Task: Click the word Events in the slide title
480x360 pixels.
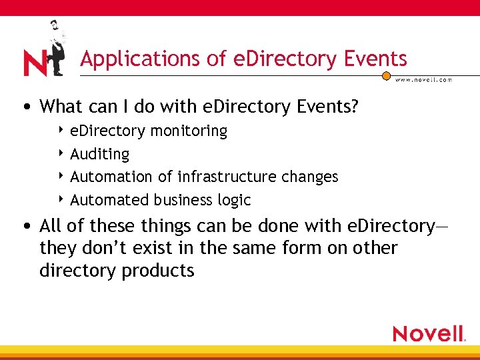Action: pyautogui.click(x=375, y=59)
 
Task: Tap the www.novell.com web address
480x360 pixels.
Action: pyautogui.click(x=424, y=80)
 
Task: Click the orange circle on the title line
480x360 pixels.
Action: pyautogui.click(x=386, y=76)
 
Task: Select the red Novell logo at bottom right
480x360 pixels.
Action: pyautogui.click(x=429, y=333)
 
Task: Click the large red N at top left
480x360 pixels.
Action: pyautogui.click(x=34, y=63)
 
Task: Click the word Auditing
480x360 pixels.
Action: pyautogui.click(x=100, y=154)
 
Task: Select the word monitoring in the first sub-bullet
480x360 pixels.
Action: pyautogui.click(x=189, y=131)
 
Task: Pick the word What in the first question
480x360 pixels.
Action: pyautogui.click(x=61, y=106)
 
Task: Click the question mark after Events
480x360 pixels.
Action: pyautogui.click(x=354, y=106)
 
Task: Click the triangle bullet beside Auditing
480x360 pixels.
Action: pyautogui.click(x=61, y=154)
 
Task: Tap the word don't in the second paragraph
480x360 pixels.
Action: pyautogui.click(x=93, y=249)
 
